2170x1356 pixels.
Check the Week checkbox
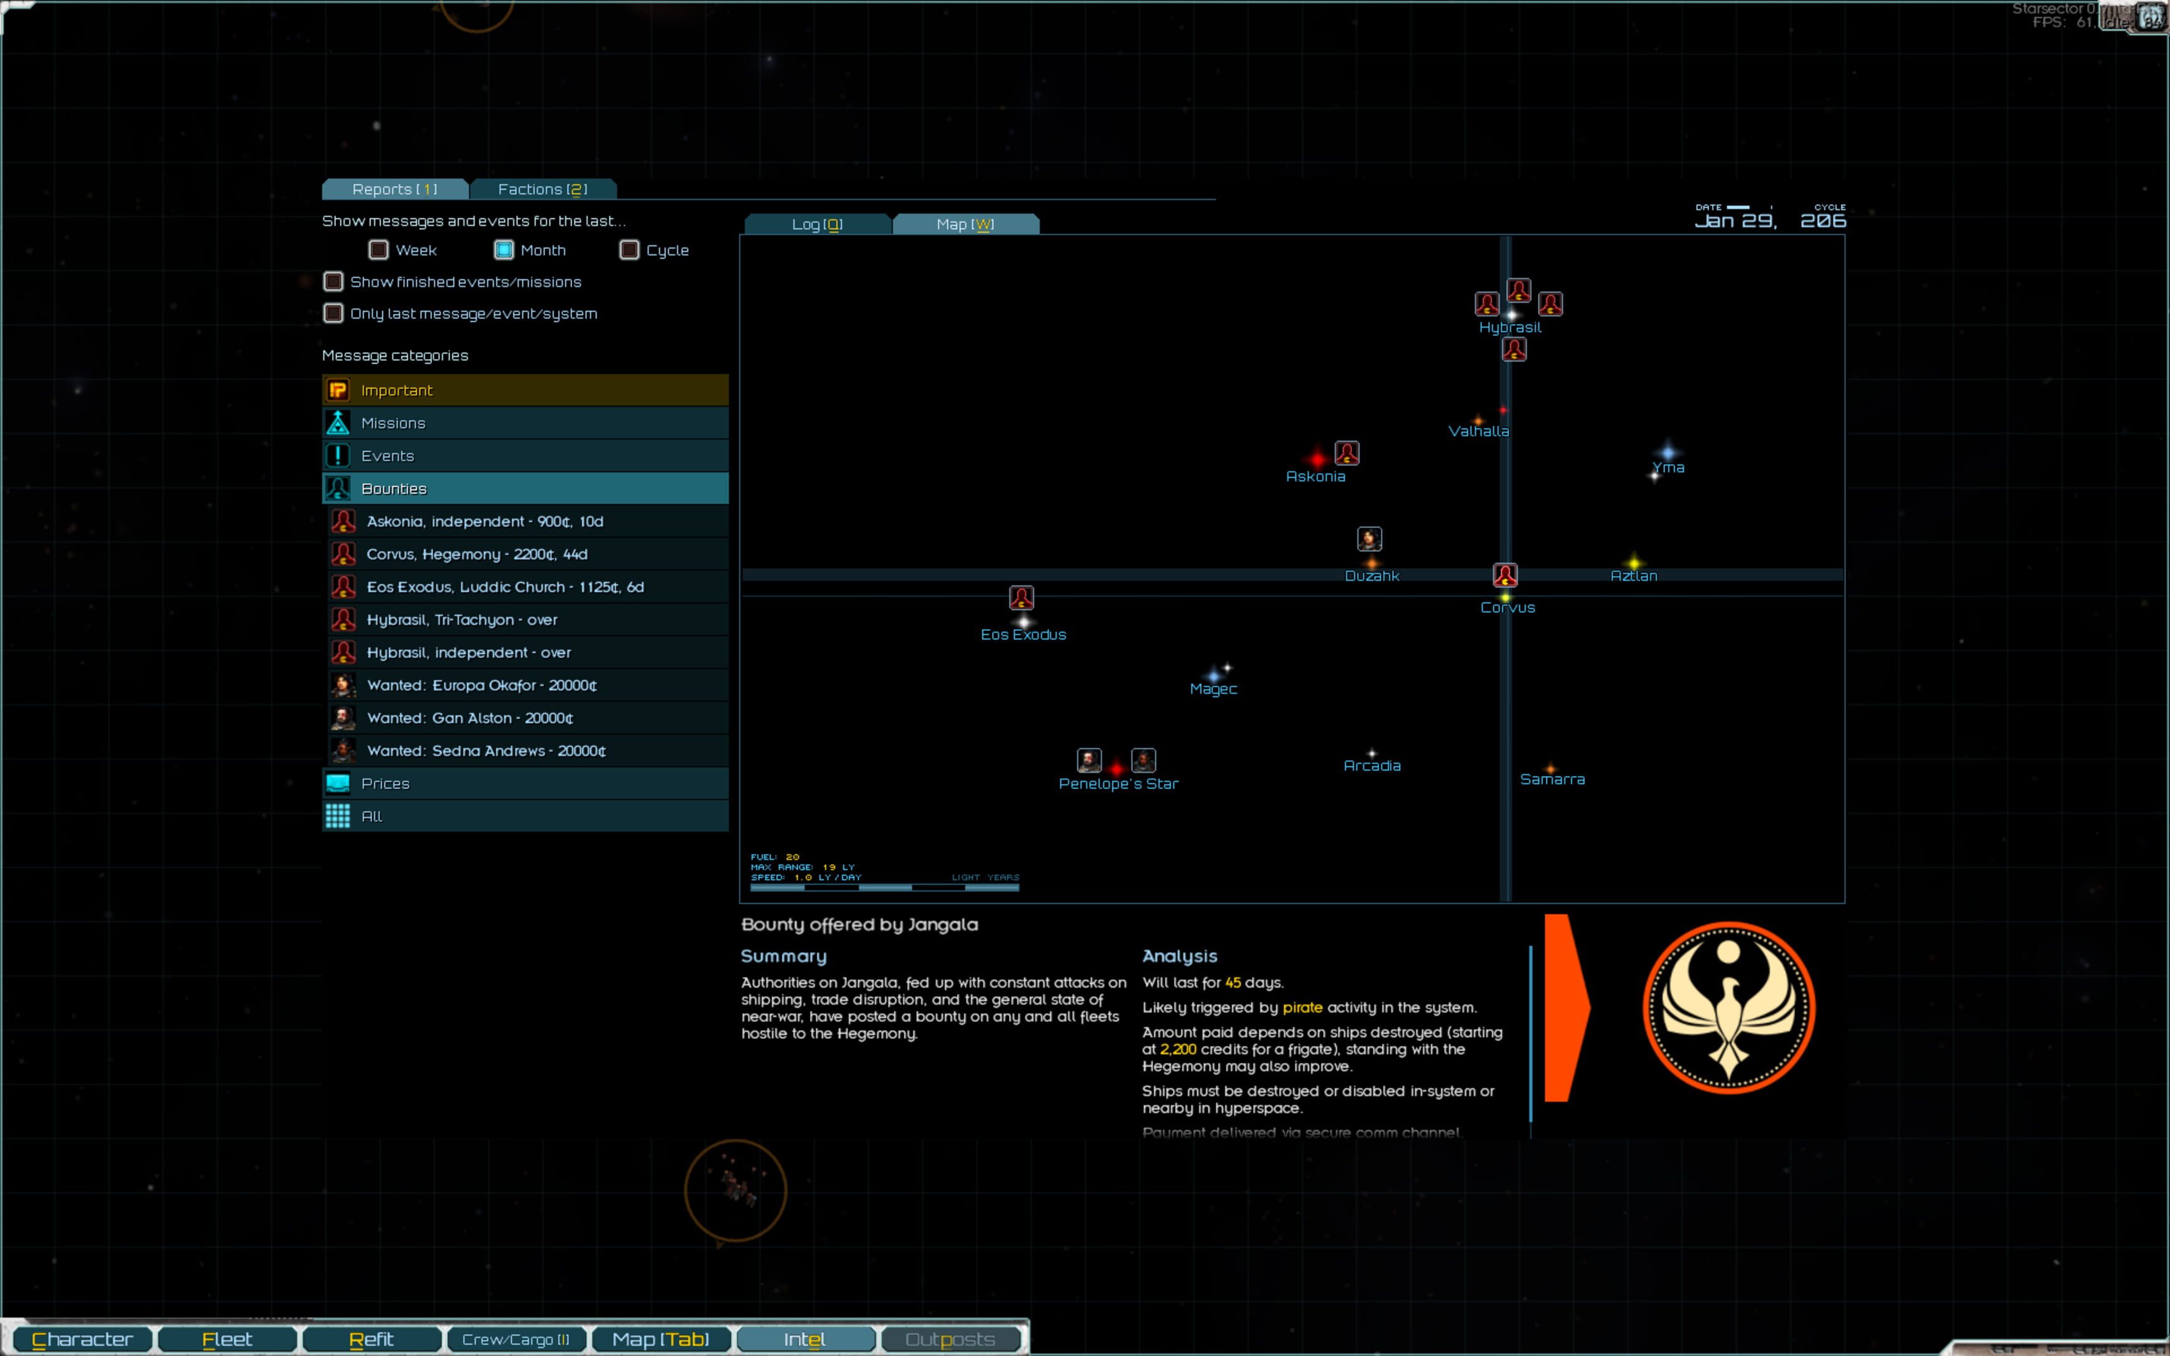(x=379, y=250)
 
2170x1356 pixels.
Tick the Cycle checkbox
(x=630, y=250)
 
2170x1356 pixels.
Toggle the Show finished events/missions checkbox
(x=333, y=282)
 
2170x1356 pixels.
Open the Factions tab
(x=542, y=189)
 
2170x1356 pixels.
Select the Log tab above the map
(x=817, y=224)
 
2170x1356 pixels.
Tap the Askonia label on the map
(x=1315, y=477)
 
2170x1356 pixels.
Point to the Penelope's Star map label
(x=1118, y=784)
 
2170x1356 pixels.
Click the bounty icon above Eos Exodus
(x=1022, y=597)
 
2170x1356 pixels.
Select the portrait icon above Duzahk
(x=1369, y=539)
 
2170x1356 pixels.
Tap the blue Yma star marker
(x=1668, y=453)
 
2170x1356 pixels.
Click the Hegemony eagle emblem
(x=1728, y=1008)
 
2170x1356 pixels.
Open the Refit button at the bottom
(x=371, y=1339)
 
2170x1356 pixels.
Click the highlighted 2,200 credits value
(x=1177, y=1049)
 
